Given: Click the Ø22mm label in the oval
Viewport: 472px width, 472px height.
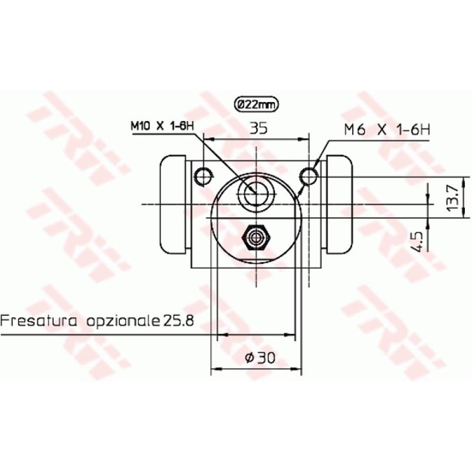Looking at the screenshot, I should coord(256,104).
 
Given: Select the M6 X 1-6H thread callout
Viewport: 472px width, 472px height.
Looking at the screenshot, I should coord(387,129).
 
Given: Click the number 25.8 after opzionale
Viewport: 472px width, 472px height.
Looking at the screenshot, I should coord(179,322).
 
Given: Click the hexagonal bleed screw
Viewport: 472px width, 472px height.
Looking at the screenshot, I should coord(256,237).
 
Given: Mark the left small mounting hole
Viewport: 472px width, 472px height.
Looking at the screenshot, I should coord(203,175).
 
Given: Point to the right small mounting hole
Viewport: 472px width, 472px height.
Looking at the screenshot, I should coord(309,175).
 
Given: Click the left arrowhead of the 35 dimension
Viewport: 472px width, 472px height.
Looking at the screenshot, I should coord(206,140).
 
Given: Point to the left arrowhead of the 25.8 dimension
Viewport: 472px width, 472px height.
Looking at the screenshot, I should coord(221,335).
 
